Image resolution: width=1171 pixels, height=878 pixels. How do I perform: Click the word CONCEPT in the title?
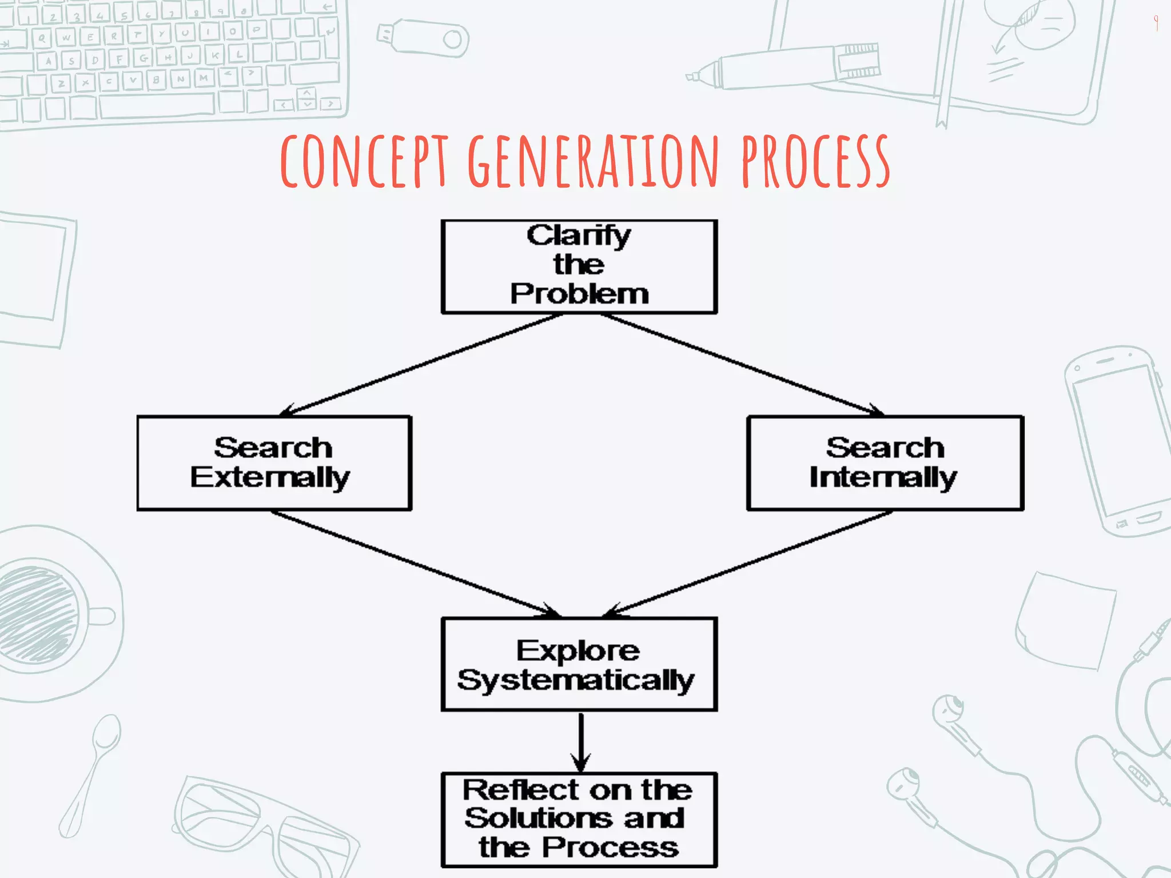coord(364,161)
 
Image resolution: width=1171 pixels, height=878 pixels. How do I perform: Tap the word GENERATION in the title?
coord(593,161)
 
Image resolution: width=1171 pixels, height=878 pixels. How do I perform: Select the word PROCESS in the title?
coord(816,161)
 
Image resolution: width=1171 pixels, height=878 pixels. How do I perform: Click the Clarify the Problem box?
coord(579,266)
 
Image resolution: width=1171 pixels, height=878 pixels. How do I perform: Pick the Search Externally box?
coord(274,463)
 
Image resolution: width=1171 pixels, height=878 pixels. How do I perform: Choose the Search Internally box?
coord(885,463)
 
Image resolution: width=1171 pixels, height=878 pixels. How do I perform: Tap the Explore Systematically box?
coord(579,664)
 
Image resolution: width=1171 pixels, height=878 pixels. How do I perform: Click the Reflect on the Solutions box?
coord(579,820)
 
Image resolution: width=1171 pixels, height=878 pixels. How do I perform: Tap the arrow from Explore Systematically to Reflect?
coord(581,742)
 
